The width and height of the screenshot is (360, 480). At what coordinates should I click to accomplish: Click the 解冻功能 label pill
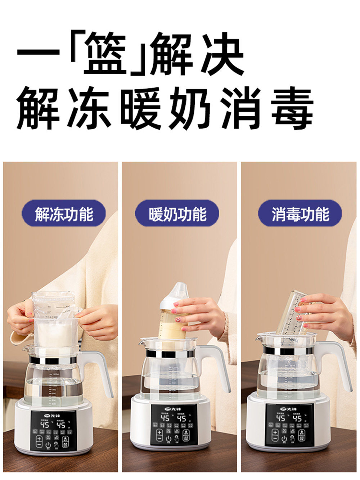point(64,214)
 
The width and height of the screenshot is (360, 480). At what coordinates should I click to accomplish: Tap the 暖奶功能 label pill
point(177,214)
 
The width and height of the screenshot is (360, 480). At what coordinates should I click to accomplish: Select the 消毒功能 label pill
point(300,214)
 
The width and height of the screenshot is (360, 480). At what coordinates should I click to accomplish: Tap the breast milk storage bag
point(56,320)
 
